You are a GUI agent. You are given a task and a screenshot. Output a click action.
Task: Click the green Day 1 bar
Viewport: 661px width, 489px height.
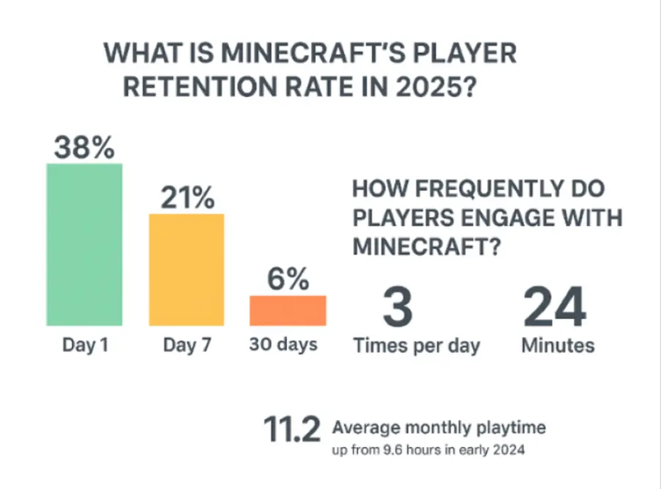pyautogui.click(x=84, y=245)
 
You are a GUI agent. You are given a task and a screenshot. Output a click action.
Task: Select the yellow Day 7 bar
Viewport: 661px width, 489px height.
pyautogui.click(x=187, y=270)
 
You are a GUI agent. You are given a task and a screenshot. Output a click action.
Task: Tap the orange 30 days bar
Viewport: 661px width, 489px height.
pyautogui.click(x=288, y=310)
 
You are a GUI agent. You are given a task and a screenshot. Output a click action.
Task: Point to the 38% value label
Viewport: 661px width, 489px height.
pyautogui.click(x=84, y=148)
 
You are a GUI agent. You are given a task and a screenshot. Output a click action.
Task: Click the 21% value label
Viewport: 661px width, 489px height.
pyautogui.click(x=187, y=198)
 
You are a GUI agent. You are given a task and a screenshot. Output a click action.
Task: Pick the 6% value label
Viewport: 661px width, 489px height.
pyautogui.click(x=288, y=280)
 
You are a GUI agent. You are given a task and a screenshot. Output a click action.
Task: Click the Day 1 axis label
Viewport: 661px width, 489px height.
pyautogui.click(x=85, y=345)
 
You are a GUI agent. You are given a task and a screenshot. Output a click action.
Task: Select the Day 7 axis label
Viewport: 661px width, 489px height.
pyautogui.click(x=187, y=345)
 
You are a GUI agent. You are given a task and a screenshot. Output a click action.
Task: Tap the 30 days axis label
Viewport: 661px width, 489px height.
pyautogui.click(x=283, y=344)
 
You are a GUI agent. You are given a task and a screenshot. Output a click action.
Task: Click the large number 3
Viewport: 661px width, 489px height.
pyautogui.click(x=398, y=307)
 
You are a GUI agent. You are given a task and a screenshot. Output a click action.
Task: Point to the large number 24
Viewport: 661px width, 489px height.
pyautogui.click(x=554, y=307)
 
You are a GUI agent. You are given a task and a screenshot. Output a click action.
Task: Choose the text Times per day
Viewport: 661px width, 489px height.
pyautogui.click(x=417, y=345)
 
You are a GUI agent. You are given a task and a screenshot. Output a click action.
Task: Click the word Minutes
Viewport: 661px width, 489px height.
pyautogui.click(x=558, y=345)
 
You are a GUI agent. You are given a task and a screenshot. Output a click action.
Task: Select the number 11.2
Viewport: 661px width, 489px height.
pyautogui.click(x=291, y=430)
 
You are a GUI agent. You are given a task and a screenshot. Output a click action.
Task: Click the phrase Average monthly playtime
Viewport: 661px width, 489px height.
pyautogui.click(x=439, y=427)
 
